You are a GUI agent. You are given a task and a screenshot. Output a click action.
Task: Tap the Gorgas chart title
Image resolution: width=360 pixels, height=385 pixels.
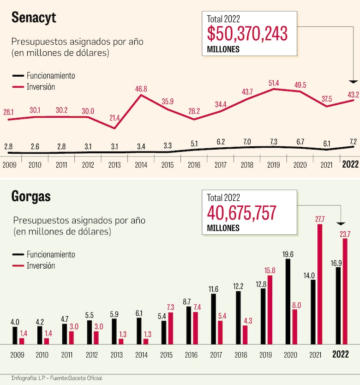click(x=31, y=197)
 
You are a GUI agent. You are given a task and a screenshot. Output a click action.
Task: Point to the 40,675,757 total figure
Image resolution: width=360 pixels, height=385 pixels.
click(x=241, y=213)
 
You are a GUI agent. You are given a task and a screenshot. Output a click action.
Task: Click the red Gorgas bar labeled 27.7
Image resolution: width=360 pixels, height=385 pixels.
click(x=320, y=284)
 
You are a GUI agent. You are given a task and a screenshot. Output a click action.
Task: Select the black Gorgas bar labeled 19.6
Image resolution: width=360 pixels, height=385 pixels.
click(x=288, y=301)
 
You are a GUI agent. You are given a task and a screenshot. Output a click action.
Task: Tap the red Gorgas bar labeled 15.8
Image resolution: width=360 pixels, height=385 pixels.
click(x=270, y=309)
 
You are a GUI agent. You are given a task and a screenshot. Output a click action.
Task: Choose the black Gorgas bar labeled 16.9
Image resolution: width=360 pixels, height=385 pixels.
click(x=338, y=305)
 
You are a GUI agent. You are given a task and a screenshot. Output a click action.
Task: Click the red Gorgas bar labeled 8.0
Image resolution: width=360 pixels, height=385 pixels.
click(x=295, y=326)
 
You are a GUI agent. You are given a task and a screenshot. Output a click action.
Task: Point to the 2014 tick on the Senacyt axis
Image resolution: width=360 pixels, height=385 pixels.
click(x=141, y=164)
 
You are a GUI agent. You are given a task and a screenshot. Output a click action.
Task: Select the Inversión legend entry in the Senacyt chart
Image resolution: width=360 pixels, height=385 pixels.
click(x=41, y=86)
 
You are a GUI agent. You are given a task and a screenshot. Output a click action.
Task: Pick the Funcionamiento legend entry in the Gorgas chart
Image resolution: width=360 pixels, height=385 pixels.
click(x=50, y=254)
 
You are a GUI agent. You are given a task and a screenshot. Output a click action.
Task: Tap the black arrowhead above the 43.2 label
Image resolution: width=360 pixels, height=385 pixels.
click(x=353, y=82)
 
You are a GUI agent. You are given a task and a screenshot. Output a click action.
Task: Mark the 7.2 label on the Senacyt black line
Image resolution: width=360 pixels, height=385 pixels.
click(x=353, y=142)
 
